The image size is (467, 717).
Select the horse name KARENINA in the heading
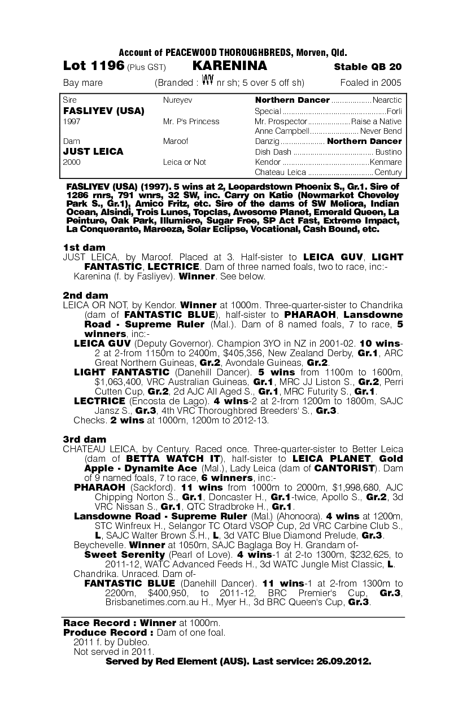tap(230, 66)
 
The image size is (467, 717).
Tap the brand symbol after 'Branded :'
tap(207, 81)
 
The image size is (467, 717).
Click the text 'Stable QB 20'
tap(368, 67)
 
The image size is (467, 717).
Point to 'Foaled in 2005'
tap(371, 83)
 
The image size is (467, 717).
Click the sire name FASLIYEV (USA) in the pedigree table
tap(104, 111)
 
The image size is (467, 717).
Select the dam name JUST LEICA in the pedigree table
tap(93, 152)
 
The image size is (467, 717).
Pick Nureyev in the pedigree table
tap(177, 100)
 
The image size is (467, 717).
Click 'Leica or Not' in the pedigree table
tap(185, 162)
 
